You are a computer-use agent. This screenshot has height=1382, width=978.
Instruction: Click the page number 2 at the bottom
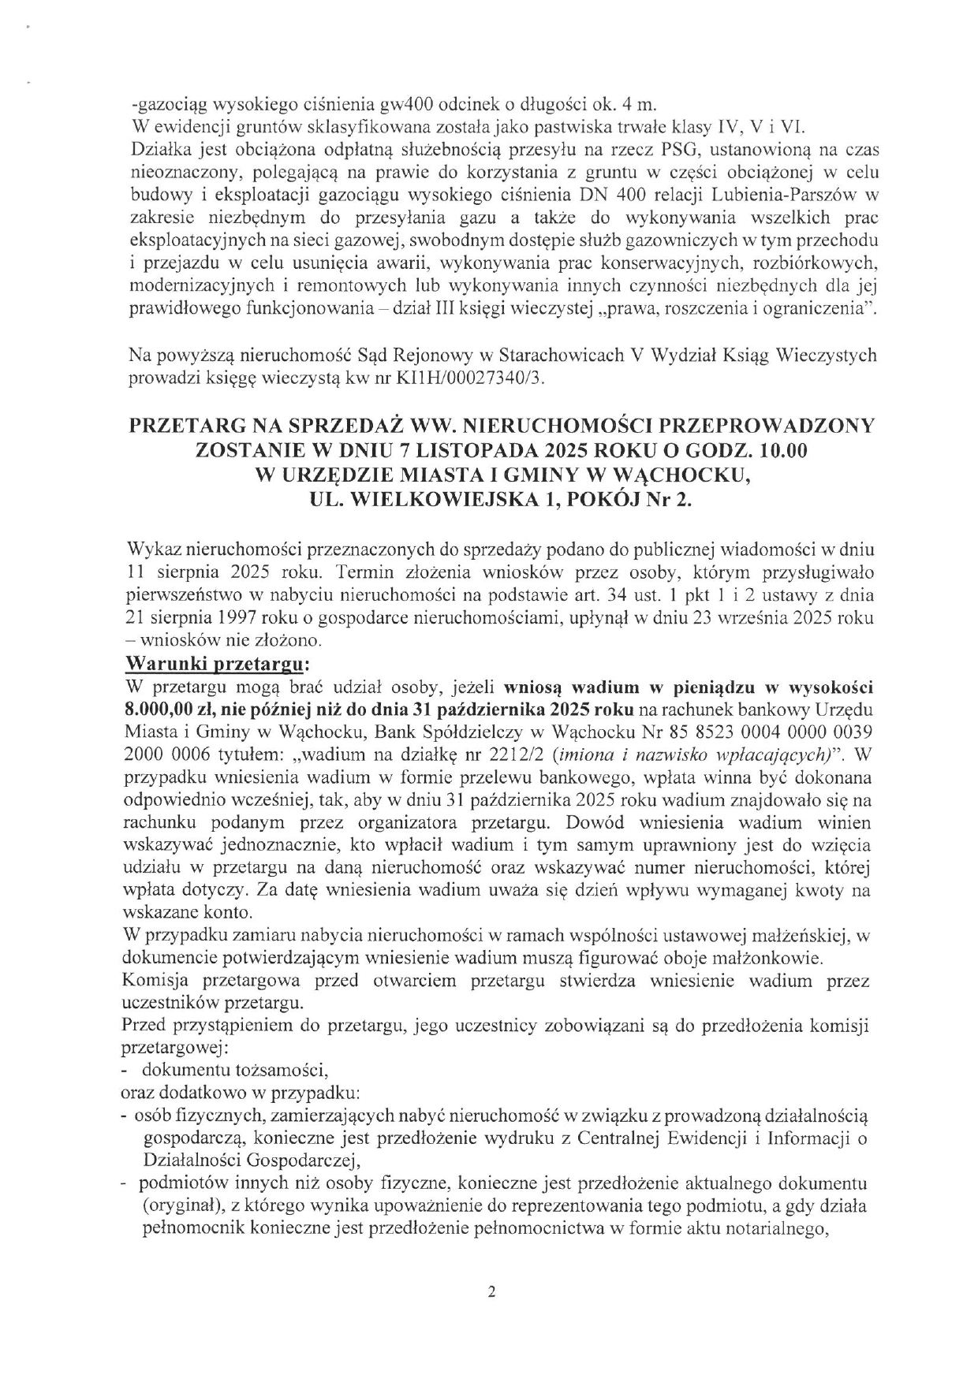(x=491, y=1292)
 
